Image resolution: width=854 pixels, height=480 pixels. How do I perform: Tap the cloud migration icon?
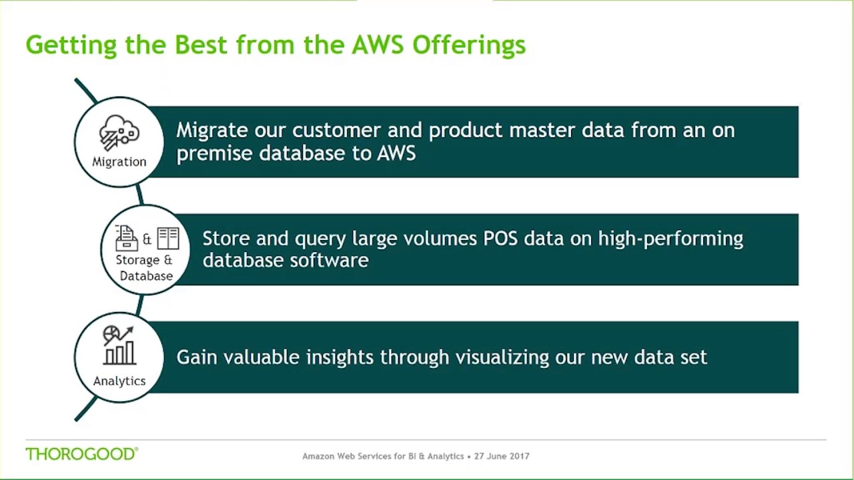[119, 132]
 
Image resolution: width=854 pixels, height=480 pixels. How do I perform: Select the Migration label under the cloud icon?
[119, 162]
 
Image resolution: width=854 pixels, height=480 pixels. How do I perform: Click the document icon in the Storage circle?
[126, 238]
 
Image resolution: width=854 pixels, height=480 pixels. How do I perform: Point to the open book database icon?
[168, 238]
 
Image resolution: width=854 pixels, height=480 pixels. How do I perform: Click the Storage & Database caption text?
[145, 268]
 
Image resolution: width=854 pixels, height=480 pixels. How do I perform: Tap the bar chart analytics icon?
[119, 345]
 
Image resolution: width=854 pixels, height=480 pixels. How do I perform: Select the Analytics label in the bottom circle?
[119, 381]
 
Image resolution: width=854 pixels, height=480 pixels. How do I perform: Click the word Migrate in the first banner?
[209, 131]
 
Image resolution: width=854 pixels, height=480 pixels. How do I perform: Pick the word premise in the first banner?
[214, 153]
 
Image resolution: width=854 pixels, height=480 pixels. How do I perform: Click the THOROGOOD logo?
[81, 454]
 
